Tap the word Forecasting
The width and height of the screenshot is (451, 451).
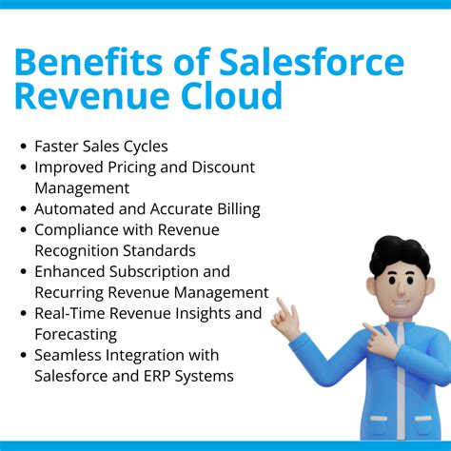pyautogui.click(x=76, y=334)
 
